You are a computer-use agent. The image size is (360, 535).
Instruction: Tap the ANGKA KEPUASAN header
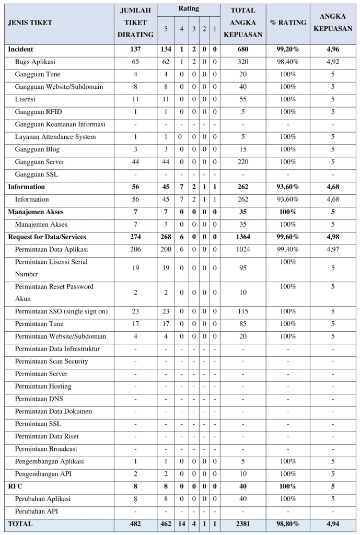coord(332,23)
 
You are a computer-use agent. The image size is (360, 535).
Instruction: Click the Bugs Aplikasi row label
coord(35,62)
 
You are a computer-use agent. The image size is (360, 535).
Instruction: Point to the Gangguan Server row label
coord(40,161)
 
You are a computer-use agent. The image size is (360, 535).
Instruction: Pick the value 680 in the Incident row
coord(242,49)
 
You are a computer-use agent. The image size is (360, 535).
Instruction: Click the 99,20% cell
coord(287,49)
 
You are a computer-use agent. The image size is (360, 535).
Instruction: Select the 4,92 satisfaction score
coord(332,62)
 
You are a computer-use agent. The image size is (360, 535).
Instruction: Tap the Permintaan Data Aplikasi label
coord(52,249)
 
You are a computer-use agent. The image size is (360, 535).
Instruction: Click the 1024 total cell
coord(242,249)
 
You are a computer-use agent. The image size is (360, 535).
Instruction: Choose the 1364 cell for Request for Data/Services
coord(242,237)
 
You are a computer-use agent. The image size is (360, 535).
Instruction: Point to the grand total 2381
coord(242,524)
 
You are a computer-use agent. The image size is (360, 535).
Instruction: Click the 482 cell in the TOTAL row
coord(135,524)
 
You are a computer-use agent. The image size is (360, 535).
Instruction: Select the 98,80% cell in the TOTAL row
coord(287,524)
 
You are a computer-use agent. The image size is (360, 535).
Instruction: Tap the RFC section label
coord(15,486)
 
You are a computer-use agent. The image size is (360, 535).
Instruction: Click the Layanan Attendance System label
coord(55,136)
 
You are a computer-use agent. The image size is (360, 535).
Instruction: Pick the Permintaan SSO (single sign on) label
coord(61,311)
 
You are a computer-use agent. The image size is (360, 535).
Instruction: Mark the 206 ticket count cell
coord(135,249)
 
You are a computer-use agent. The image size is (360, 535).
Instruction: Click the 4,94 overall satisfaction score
coord(332,524)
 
